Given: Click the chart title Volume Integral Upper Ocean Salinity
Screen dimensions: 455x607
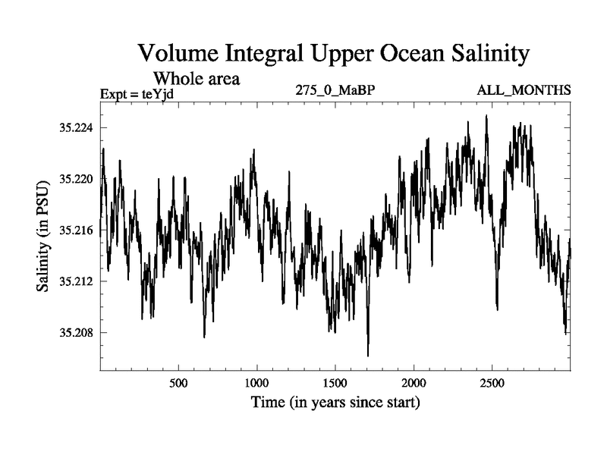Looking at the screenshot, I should pyautogui.click(x=333, y=55).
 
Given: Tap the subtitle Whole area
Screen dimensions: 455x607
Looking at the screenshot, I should pyautogui.click(x=197, y=78).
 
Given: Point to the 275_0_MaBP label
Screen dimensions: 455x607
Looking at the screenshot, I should pyautogui.click(x=336, y=91).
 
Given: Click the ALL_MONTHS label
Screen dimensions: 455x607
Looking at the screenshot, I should pyautogui.click(x=524, y=91).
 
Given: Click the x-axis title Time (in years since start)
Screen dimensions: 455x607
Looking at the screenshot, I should pyautogui.click(x=335, y=402).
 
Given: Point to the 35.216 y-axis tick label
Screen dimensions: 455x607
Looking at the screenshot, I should pyautogui.click(x=75, y=230).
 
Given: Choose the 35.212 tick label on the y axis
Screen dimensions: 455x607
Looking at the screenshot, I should pyautogui.click(x=75, y=281).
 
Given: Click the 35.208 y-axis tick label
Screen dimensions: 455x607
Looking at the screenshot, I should pyautogui.click(x=75, y=332).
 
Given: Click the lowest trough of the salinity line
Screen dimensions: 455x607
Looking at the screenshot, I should pyautogui.click(x=368, y=355).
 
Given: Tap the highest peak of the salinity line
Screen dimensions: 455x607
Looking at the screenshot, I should pyautogui.click(x=486, y=116).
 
